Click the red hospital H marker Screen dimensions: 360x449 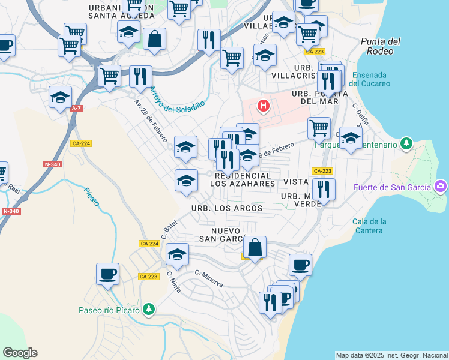(x=263, y=107)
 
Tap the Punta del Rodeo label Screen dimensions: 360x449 (x=381, y=46)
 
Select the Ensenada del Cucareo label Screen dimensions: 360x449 (x=369, y=79)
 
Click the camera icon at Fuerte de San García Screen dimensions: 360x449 (x=441, y=187)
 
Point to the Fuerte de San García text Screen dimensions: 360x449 (x=393, y=187)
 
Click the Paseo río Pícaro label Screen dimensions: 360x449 (x=109, y=310)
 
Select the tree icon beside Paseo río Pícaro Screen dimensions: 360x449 (x=148, y=310)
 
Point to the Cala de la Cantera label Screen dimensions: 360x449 (x=369, y=226)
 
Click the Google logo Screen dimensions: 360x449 (x=20, y=353)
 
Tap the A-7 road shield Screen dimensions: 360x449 (x=76, y=108)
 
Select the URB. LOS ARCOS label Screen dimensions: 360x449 (x=227, y=208)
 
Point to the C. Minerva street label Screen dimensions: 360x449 (x=209, y=278)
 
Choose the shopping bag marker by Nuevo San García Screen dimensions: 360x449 (x=255, y=247)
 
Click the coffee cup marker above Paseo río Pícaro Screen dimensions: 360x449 (x=108, y=274)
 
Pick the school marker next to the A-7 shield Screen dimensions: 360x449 (x=61, y=97)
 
